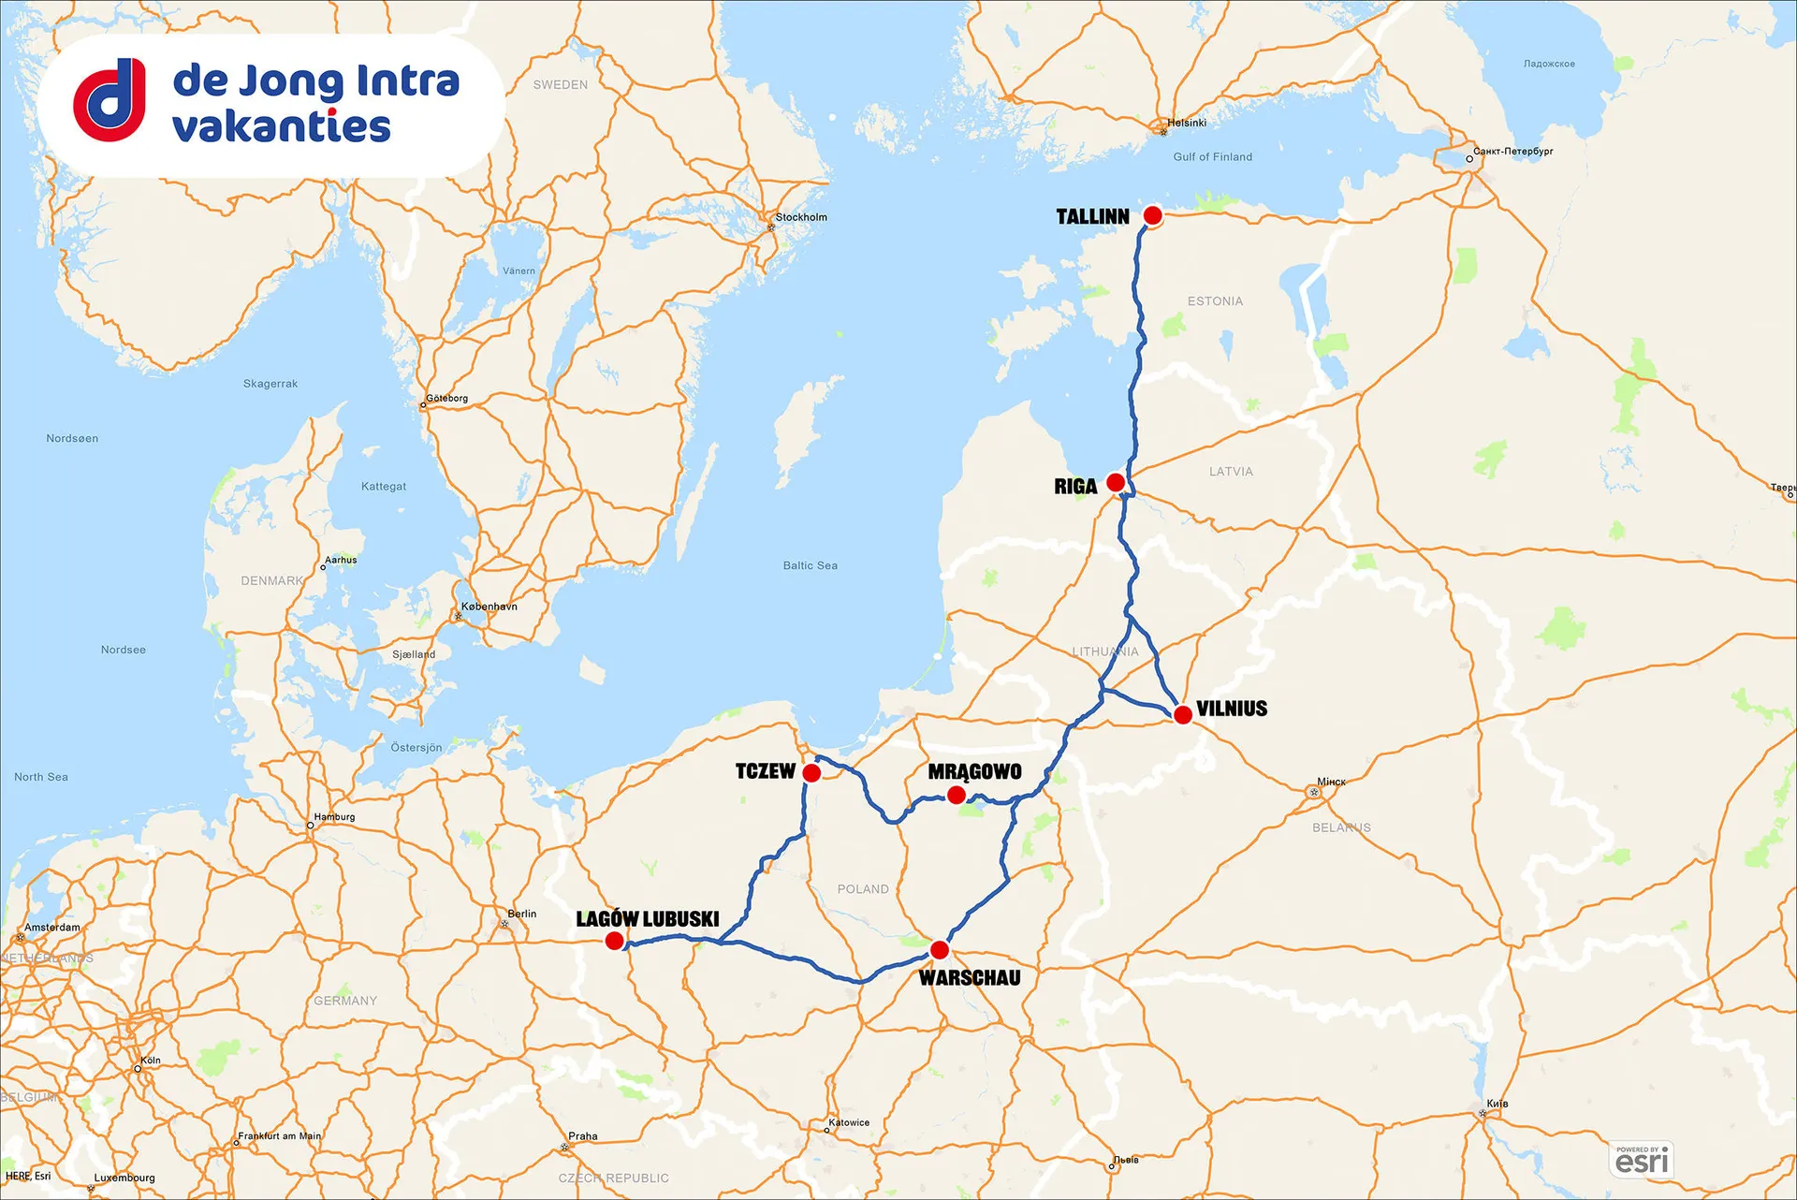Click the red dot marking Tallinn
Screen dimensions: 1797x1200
(x=1153, y=215)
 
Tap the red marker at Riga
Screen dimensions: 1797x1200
(x=1116, y=482)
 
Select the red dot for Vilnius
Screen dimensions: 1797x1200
(x=1183, y=715)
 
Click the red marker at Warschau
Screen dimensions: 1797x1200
(x=940, y=950)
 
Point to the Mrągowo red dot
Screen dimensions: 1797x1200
(x=956, y=795)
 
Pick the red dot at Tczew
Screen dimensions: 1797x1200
(x=811, y=772)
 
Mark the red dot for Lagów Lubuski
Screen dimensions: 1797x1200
(x=614, y=941)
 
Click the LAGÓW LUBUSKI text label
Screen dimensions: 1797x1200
(x=648, y=918)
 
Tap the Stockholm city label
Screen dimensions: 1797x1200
(x=801, y=217)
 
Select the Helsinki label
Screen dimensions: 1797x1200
(x=1187, y=123)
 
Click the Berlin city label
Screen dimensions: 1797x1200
(x=522, y=914)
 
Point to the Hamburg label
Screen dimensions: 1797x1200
(x=334, y=817)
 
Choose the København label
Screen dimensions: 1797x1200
(x=489, y=607)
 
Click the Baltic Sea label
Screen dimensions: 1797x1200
(x=811, y=565)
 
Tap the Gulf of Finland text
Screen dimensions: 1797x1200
(x=1212, y=157)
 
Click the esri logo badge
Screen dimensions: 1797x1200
(x=1642, y=1160)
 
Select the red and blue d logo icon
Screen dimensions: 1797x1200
(x=110, y=99)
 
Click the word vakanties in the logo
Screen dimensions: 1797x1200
(x=282, y=126)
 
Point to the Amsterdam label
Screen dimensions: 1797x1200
(x=52, y=928)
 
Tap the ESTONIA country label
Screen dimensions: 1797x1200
(x=1215, y=301)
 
